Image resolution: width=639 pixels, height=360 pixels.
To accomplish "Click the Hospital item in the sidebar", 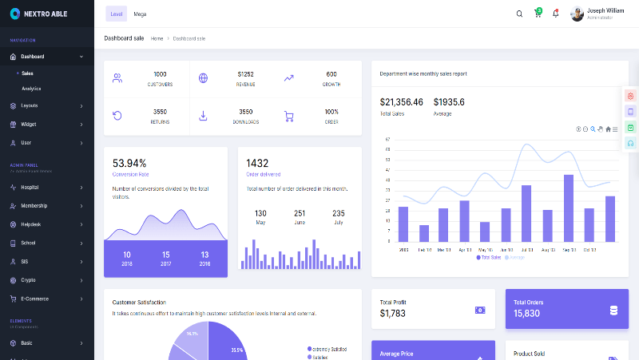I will pyautogui.click(x=30, y=187).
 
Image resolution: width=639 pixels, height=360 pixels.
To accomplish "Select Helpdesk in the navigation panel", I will pyautogui.click(x=31, y=224).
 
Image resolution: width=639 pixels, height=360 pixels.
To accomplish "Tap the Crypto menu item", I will pyautogui.click(x=28, y=280).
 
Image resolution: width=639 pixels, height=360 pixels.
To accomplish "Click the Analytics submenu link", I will pyautogui.click(x=31, y=89).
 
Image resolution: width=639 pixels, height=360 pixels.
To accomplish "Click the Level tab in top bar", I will pyautogui.click(x=117, y=14).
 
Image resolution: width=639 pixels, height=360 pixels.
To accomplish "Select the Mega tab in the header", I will pyautogui.click(x=140, y=14).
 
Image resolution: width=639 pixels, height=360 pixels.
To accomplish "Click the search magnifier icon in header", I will pyautogui.click(x=519, y=14).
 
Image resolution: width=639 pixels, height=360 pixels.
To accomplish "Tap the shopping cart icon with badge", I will pyautogui.click(x=538, y=14).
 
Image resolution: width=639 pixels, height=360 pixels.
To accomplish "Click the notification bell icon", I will pyautogui.click(x=556, y=14).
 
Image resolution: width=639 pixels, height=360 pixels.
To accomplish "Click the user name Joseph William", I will pyautogui.click(x=605, y=10).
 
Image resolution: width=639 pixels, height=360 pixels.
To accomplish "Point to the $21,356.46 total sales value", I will pyautogui.click(x=401, y=102).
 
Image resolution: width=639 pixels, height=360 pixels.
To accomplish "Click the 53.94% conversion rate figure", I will pyautogui.click(x=129, y=163).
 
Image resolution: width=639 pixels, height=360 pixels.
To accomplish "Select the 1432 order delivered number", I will pyautogui.click(x=257, y=163).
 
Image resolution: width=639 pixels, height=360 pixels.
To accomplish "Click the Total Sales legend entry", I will pyautogui.click(x=490, y=257).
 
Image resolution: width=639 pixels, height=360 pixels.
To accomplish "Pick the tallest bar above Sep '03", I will pyautogui.click(x=569, y=208).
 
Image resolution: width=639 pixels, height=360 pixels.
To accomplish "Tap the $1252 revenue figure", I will pyautogui.click(x=245, y=74).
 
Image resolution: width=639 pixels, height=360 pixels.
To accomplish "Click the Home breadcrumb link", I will pyautogui.click(x=157, y=38).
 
